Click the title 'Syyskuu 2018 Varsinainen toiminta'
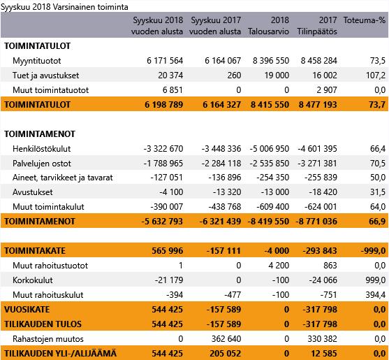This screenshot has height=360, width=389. (x=64, y=7)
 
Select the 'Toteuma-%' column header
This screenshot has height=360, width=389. (x=364, y=20)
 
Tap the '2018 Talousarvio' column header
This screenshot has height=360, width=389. (x=268, y=26)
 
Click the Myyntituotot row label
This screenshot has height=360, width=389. (x=37, y=61)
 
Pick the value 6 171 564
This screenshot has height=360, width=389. (x=165, y=61)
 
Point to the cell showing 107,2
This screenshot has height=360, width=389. (x=376, y=75)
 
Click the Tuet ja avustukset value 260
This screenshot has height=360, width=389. (x=234, y=75)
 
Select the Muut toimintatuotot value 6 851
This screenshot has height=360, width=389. (x=173, y=90)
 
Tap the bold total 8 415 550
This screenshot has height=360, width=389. (x=270, y=105)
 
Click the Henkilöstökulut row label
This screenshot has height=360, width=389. (x=42, y=149)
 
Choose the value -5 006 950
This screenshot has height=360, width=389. (x=270, y=149)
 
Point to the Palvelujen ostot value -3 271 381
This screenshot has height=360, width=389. (x=317, y=164)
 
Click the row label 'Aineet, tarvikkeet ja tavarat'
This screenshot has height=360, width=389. (x=63, y=178)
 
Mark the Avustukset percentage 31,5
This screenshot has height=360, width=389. (x=378, y=192)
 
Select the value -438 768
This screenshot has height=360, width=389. (x=225, y=207)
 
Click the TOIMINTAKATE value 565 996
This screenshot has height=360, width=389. (x=168, y=251)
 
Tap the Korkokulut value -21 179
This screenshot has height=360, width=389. (x=169, y=280)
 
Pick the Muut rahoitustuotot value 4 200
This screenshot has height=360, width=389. (x=279, y=266)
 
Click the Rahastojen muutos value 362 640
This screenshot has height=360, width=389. (x=226, y=339)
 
